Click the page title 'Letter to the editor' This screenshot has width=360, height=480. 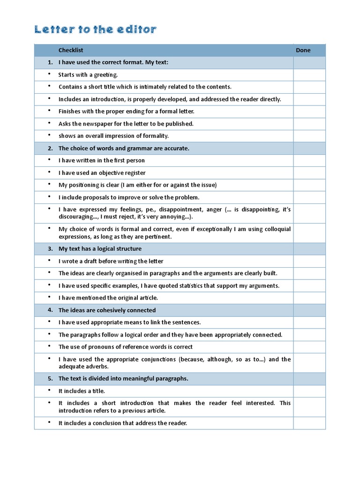coord(95,30)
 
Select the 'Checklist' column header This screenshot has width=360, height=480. coord(71,50)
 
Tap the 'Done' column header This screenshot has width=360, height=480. coord(303,50)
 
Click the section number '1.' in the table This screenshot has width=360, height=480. coord(50,62)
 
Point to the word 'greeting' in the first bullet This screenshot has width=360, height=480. coord(106,75)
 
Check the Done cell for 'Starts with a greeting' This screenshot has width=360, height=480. coord(309,75)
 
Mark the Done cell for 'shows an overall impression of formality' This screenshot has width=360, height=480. coord(309,136)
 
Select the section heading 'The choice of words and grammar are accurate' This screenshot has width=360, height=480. coord(124,148)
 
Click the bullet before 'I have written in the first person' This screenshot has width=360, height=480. coord(49,160)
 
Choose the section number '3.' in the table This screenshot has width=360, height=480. coord(50,248)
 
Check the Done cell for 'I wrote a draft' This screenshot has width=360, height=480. coord(309,261)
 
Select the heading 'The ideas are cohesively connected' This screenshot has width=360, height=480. coord(107,310)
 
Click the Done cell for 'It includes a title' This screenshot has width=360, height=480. coord(309,391)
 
